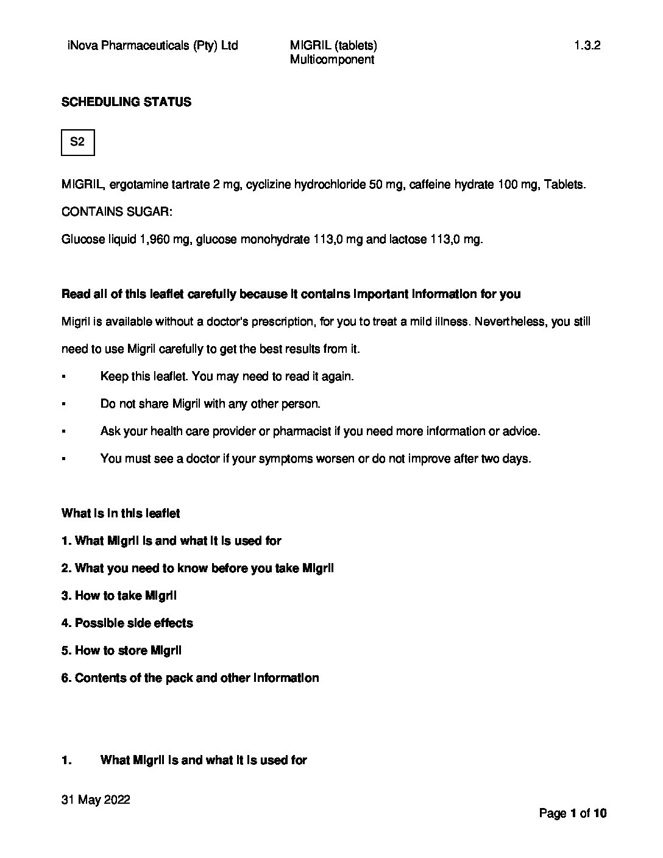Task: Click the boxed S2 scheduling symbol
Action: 77,142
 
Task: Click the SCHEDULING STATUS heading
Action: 126,102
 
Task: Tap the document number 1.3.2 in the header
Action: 587,45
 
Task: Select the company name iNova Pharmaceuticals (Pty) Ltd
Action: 152,45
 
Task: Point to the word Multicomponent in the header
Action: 331,59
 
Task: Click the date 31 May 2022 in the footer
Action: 96,799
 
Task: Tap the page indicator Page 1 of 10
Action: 573,813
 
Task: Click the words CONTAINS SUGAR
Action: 116,211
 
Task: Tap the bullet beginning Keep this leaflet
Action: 227,376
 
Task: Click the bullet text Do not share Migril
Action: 210,403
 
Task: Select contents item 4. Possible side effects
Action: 127,623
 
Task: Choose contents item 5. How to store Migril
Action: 121,650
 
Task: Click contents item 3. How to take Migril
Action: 119,595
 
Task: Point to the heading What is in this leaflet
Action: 121,513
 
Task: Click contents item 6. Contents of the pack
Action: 190,678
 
